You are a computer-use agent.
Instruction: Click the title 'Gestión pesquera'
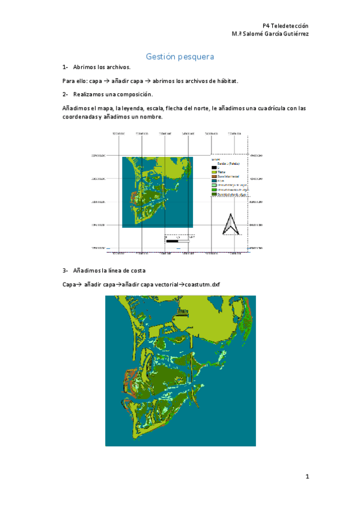pos(180,57)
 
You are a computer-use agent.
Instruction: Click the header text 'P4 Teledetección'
pos(285,26)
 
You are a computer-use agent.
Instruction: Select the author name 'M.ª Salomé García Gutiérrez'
pos(270,34)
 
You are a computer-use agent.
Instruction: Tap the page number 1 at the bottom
pos(307,477)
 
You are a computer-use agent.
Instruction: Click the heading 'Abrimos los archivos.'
pos(101,68)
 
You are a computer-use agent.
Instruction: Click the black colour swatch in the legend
pos(213,167)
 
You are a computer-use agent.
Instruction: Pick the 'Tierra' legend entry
pos(221,172)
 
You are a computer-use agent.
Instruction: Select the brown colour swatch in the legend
pos(213,177)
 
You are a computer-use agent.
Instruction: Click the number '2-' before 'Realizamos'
pos(65,94)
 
